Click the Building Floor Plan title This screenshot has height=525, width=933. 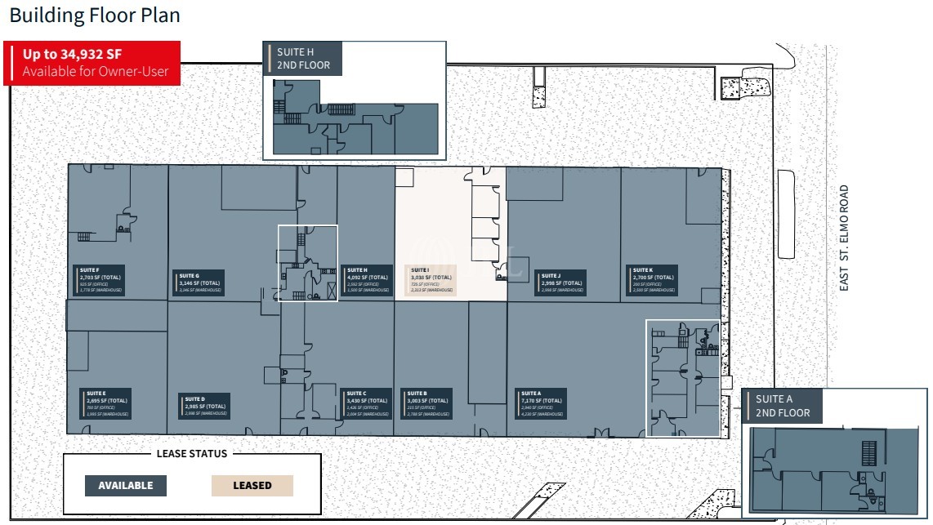pyautogui.click(x=95, y=15)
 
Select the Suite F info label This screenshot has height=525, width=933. pyautogui.click(x=98, y=279)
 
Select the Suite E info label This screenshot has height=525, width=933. pyautogui.click(x=107, y=403)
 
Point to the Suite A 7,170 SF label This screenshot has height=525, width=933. pyautogui.click(x=542, y=403)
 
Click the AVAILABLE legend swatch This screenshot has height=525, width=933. pyautogui.click(x=126, y=485)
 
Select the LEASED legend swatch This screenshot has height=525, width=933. pyautogui.click(x=252, y=485)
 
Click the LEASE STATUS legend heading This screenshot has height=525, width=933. pyautogui.click(x=192, y=454)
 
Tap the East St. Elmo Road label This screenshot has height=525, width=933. pyautogui.click(x=844, y=238)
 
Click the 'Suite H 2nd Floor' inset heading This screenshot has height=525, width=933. pyautogui.click(x=303, y=59)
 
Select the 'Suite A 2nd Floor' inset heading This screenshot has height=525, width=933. pyautogui.click(x=782, y=406)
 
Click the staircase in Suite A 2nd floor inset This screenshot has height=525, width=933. pyautogui.click(x=868, y=452)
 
